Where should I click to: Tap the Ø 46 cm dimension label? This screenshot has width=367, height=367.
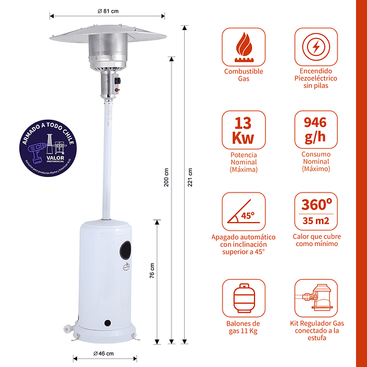[104, 353]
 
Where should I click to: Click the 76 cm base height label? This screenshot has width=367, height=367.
[152, 271]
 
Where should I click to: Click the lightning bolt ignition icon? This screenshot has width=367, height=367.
[316, 47]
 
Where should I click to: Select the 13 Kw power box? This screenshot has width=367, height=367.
[243, 130]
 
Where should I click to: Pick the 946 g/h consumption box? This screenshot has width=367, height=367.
[316, 130]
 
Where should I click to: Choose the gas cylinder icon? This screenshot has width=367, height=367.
[243, 298]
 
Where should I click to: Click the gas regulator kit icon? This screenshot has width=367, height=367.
[316, 298]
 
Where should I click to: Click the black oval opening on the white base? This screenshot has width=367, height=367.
[125, 248]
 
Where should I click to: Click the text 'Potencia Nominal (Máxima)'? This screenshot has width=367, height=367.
[243, 162]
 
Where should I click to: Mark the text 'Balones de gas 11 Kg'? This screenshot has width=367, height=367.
[243, 327]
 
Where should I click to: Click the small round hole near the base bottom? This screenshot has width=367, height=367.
[109, 324]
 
